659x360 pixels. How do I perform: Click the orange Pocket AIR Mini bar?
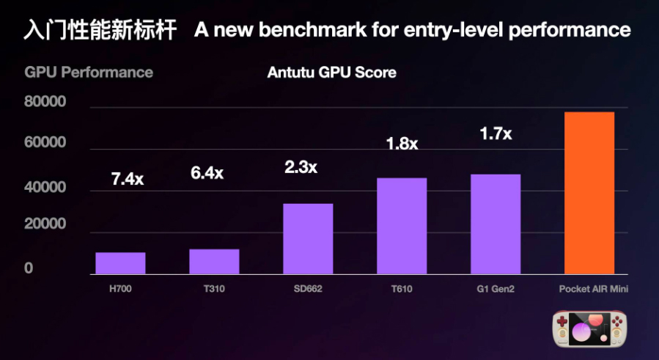click(x=589, y=193)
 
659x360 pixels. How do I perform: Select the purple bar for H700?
click(x=120, y=263)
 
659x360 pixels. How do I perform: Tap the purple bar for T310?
click(x=214, y=262)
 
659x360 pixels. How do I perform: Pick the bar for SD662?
click(x=308, y=239)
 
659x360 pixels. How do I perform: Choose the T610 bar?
click(x=402, y=226)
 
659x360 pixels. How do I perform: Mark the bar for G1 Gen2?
click(x=496, y=224)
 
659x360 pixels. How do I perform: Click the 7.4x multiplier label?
click(x=128, y=177)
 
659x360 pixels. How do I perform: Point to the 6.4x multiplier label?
click(x=206, y=174)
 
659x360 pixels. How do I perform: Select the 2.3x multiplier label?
click(x=301, y=167)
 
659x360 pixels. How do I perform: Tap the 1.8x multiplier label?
click(x=402, y=144)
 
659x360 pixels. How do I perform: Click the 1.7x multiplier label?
click(x=496, y=134)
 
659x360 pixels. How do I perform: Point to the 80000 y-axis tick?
click(x=45, y=102)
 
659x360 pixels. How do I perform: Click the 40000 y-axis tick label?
click(x=45, y=188)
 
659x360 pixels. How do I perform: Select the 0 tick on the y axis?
click(x=29, y=269)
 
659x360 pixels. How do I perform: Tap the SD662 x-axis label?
click(x=308, y=289)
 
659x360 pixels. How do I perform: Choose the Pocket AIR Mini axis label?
click(x=589, y=289)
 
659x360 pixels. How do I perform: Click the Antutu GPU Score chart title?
click(x=332, y=73)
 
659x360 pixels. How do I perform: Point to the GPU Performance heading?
click(x=89, y=73)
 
